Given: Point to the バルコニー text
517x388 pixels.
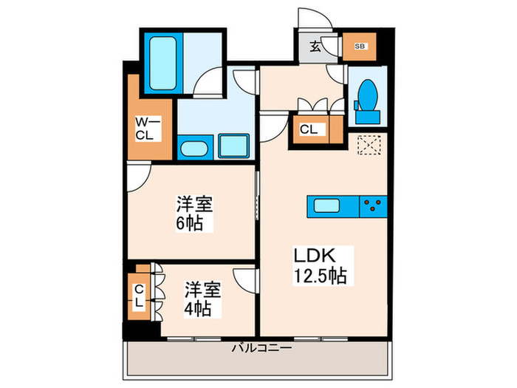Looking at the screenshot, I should tap(261, 347).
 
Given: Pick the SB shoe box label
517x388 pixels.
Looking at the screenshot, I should tap(360, 47).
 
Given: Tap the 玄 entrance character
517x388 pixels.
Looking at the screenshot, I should tap(315, 47).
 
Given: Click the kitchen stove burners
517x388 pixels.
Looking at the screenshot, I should tap(374, 205).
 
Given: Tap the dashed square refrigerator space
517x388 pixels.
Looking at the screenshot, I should tap(367, 146).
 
